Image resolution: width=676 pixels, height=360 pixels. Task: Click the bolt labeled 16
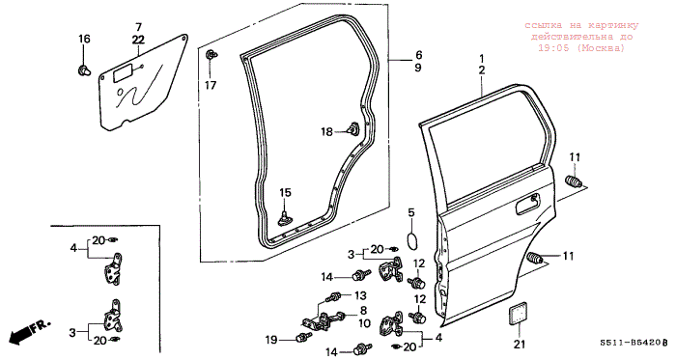[84, 70]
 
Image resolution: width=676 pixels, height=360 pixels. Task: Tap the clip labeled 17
[211, 55]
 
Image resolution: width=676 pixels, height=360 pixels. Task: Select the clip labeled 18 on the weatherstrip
[353, 128]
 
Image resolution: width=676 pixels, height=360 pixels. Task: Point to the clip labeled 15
[285, 217]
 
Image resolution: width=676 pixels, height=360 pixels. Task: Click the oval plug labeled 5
[412, 240]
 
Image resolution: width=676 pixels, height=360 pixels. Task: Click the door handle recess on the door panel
[528, 204]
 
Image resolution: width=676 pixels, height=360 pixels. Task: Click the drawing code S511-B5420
[632, 343]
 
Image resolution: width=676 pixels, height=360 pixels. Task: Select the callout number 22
[138, 40]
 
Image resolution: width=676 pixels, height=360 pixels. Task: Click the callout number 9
[418, 68]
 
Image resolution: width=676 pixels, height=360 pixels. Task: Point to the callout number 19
[270, 340]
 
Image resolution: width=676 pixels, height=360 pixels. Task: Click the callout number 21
[521, 344]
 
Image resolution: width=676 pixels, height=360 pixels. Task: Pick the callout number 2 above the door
[482, 70]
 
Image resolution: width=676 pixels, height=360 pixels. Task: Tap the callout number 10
[364, 322]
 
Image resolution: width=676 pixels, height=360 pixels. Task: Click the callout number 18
[326, 132]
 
